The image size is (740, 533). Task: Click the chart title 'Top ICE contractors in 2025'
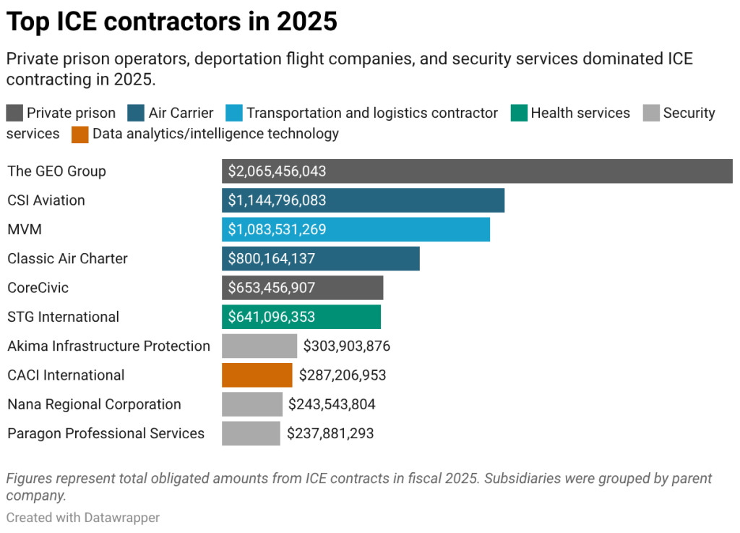click(172, 22)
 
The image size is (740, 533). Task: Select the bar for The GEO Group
click(477, 171)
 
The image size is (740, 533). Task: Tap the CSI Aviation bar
click(363, 200)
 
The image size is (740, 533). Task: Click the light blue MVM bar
click(356, 230)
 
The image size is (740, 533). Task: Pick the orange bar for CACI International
click(257, 375)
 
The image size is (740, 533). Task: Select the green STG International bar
click(301, 317)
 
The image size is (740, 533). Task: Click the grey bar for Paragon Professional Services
click(251, 433)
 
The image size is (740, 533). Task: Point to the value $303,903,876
click(347, 346)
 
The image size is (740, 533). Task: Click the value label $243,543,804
click(332, 404)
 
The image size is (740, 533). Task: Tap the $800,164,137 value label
click(272, 259)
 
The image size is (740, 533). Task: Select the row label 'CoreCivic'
click(38, 288)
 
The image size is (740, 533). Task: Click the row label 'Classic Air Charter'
click(67, 259)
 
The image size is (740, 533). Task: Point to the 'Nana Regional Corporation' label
click(94, 404)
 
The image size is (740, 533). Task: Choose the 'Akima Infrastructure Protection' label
click(108, 346)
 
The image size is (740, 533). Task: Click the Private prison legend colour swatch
click(14, 114)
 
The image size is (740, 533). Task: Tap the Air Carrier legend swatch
click(137, 114)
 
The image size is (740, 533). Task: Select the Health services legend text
click(580, 114)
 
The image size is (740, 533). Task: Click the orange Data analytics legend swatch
click(80, 134)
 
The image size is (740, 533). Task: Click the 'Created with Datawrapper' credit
click(83, 518)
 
